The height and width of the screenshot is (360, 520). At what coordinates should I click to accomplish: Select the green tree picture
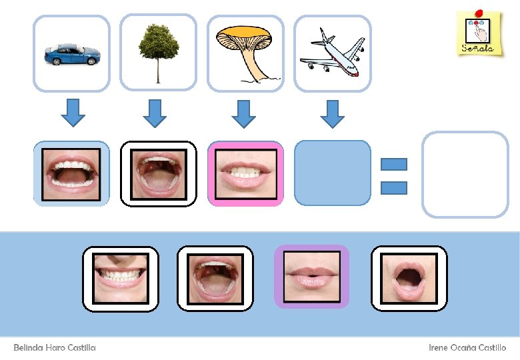158,52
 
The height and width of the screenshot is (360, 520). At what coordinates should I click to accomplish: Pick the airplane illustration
332,52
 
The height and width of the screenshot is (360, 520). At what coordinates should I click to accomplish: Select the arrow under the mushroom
244,113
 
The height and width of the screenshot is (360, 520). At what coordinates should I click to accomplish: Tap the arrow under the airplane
332,113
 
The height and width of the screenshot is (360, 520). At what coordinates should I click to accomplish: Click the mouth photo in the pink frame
245,173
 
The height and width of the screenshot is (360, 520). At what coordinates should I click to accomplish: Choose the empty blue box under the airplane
332,173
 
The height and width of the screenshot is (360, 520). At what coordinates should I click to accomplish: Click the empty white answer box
465,174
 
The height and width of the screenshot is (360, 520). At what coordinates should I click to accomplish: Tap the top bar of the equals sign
393,164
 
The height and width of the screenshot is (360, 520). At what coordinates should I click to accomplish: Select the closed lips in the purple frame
311,277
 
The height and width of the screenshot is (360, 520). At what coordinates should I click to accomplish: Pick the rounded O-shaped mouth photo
409,278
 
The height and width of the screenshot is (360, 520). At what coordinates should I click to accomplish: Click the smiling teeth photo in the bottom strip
120,278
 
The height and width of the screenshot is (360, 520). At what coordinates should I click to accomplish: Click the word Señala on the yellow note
478,48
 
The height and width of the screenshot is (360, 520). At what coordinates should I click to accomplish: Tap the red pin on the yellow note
478,13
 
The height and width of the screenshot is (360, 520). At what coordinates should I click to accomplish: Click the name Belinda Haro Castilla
55,348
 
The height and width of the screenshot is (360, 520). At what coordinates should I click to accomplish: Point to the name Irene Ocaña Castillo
467,348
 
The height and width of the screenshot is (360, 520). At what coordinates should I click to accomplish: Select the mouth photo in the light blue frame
71,173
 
